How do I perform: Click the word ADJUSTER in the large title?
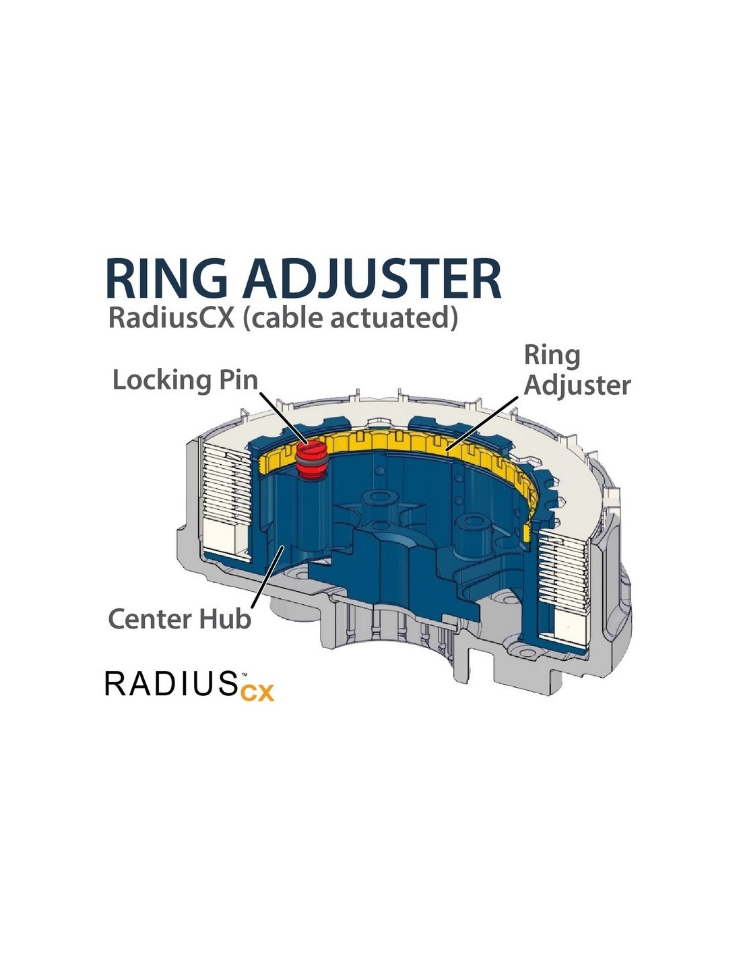(x=371, y=278)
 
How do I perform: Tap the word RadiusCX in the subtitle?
(x=171, y=317)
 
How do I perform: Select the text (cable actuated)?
(x=350, y=317)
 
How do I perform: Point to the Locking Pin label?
(x=185, y=380)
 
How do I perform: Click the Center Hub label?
(x=179, y=618)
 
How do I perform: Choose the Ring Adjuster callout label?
(x=577, y=370)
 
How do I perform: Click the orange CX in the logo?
(x=257, y=692)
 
